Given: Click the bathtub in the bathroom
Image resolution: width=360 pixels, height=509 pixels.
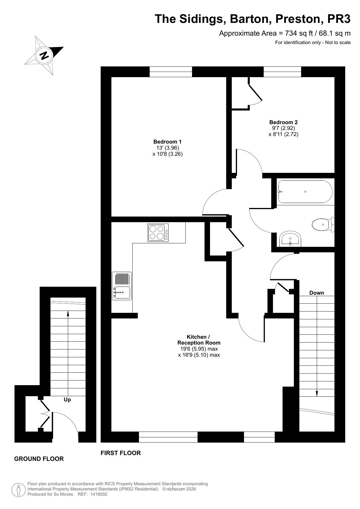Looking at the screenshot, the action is point(305,192).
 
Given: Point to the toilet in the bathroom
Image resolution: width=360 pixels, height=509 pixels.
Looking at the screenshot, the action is point(323,224).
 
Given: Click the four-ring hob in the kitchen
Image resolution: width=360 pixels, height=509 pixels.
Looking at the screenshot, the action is point(158,233).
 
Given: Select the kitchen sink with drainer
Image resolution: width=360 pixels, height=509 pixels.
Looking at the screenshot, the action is point(122,286).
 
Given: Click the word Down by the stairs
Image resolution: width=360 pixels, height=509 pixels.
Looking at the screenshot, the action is point(316,293).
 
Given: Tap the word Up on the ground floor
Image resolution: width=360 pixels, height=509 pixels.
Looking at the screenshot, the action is point(67,400).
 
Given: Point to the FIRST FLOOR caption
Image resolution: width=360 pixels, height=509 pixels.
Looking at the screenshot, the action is point(121,453).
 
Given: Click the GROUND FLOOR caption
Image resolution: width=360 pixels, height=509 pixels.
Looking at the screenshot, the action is point(39,459).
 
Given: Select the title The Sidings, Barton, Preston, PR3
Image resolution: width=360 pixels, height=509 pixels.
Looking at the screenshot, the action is point(253,19).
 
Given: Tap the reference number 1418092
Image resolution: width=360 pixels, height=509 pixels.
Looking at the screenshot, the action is point(99,494).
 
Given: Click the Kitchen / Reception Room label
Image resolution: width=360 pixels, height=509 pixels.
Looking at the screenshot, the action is point(199,340).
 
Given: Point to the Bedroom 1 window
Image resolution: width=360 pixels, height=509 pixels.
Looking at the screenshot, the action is point(171,72).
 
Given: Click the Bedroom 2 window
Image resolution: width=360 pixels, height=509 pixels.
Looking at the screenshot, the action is point(282,72).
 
